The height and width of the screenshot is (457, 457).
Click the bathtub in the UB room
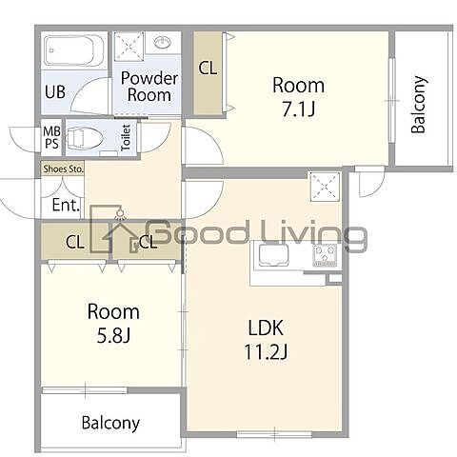pos(74,50)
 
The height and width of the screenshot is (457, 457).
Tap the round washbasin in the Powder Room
pos(163,42)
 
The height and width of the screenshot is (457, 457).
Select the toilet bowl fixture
pos(85,138)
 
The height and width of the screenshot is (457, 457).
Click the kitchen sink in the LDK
pos(273,254)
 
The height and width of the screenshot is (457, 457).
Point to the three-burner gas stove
pos(325,254)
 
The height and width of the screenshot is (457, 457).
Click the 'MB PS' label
pos(51,137)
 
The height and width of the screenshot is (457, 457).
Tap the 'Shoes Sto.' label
pos(63,169)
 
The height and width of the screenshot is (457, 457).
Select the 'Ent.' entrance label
pos(66,205)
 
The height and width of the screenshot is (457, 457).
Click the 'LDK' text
pos(266,328)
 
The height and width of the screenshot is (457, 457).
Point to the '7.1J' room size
pos(298,109)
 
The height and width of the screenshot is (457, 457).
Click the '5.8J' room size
pos(113,335)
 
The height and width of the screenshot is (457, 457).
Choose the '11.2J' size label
pos(266,351)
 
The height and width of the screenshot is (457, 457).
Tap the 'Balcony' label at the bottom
pos(110,423)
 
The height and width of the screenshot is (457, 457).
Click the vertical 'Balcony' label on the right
pos(419,104)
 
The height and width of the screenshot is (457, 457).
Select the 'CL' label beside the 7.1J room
pos(208,68)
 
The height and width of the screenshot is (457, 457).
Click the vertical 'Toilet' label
pos(126,137)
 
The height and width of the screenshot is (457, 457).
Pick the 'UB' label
pos(55,92)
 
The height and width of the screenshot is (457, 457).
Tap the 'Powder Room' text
pos(149,87)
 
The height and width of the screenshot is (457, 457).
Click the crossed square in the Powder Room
pos(129,47)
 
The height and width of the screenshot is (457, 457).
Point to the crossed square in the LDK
pos(325,187)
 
